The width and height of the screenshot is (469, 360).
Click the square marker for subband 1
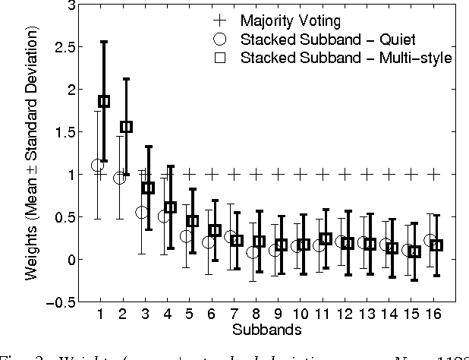pyautogui.click(x=104, y=101)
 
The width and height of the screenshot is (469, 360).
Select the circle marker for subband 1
pyautogui.click(x=97, y=165)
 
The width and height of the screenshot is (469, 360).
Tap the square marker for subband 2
pyautogui.click(x=126, y=127)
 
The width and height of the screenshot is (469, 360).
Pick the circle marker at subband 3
pyautogui.click(x=141, y=212)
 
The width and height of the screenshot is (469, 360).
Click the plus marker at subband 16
pyautogui.click(x=434, y=174)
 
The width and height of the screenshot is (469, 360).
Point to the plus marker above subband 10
pyautogui.click(x=301, y=174)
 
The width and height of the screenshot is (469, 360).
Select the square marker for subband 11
pyautogui.click(x=326, y=238)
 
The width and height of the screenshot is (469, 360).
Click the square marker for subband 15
pyautogui.click(x=414, y=251)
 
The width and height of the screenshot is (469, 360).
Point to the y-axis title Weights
pyautogui.click(x=32, y=156)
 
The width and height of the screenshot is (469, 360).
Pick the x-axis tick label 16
pyautogui.click(x=434, y=314)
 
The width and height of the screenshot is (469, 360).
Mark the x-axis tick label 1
pyautogui.click(x=100, y=314)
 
